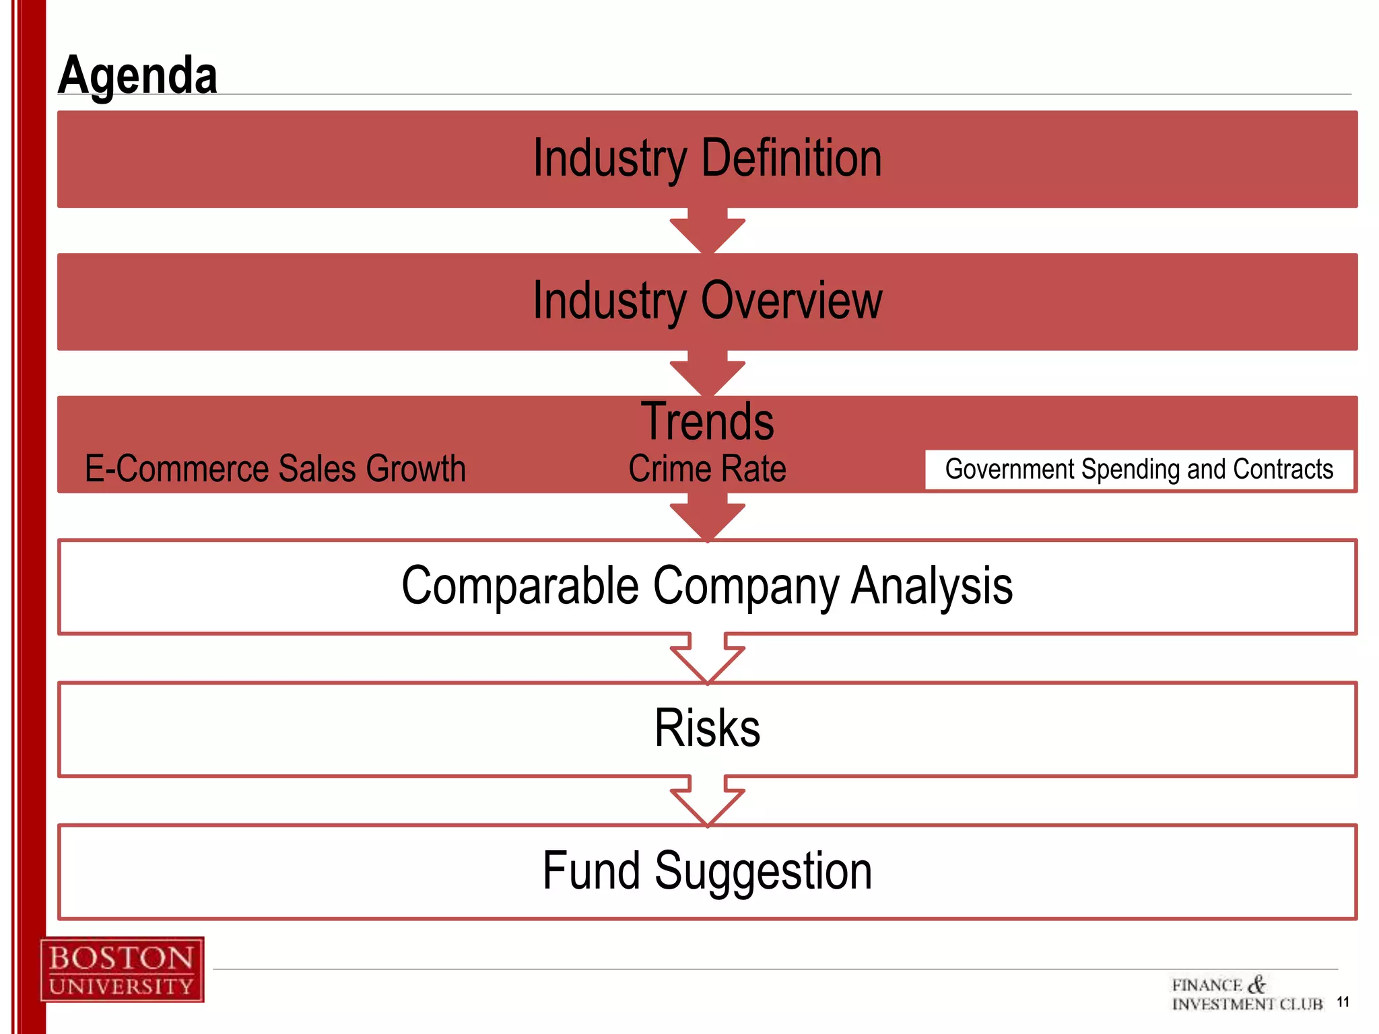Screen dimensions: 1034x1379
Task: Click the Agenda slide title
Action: [137, 75]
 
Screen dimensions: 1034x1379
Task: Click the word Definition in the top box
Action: [791, 158]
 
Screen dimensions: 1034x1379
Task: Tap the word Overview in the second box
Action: [791, 301]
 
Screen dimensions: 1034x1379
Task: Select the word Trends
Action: [707, 421]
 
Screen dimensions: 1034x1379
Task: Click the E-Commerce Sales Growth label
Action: [275, 469]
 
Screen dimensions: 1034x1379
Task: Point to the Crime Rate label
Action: [707, 469]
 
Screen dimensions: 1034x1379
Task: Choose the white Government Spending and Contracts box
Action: [1139, 469]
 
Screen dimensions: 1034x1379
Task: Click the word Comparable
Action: [519, 586]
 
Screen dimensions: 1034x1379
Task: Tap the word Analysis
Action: [932, 586]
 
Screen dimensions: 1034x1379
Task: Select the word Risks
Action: [707, 728]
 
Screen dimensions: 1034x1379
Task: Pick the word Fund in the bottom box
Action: [591, 871]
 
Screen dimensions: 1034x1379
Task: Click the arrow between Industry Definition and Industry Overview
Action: [707, 232]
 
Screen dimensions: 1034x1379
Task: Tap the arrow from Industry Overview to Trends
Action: [707, 374]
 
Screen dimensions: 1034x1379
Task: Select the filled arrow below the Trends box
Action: [707, 518]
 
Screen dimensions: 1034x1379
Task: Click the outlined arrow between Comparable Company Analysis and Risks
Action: [707, 658]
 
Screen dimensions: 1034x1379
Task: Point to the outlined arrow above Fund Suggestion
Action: [707, 801]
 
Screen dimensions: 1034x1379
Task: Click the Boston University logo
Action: [122, 970]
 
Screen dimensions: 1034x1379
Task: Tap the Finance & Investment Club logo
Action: [1246, 994]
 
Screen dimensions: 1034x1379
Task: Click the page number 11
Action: [1343, 1002]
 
